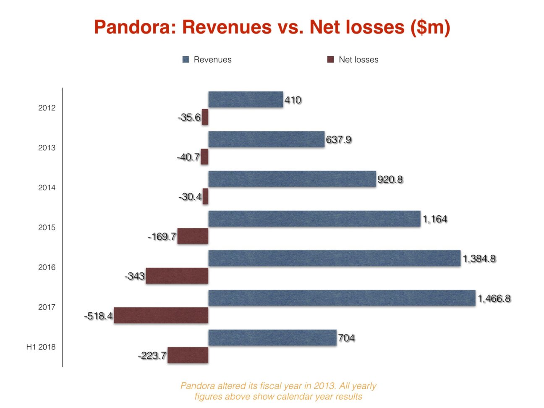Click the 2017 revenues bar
[342, 298]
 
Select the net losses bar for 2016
[177, 276]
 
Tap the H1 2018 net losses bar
[188, 355]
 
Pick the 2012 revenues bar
[246, 99]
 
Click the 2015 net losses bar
[193, 236]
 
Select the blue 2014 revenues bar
[292, 179]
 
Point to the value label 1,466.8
[494, 298]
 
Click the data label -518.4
[99, 316]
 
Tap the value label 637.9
[339, 139]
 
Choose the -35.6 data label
[189, 117]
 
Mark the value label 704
[346, 338]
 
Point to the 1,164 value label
[435, 219]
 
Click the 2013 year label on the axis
[47, 148]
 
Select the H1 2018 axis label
[41, 347]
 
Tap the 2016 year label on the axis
[47, 267]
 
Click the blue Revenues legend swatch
[186, 60]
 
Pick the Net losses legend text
[358, 60]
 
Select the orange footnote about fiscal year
[278, 391]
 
